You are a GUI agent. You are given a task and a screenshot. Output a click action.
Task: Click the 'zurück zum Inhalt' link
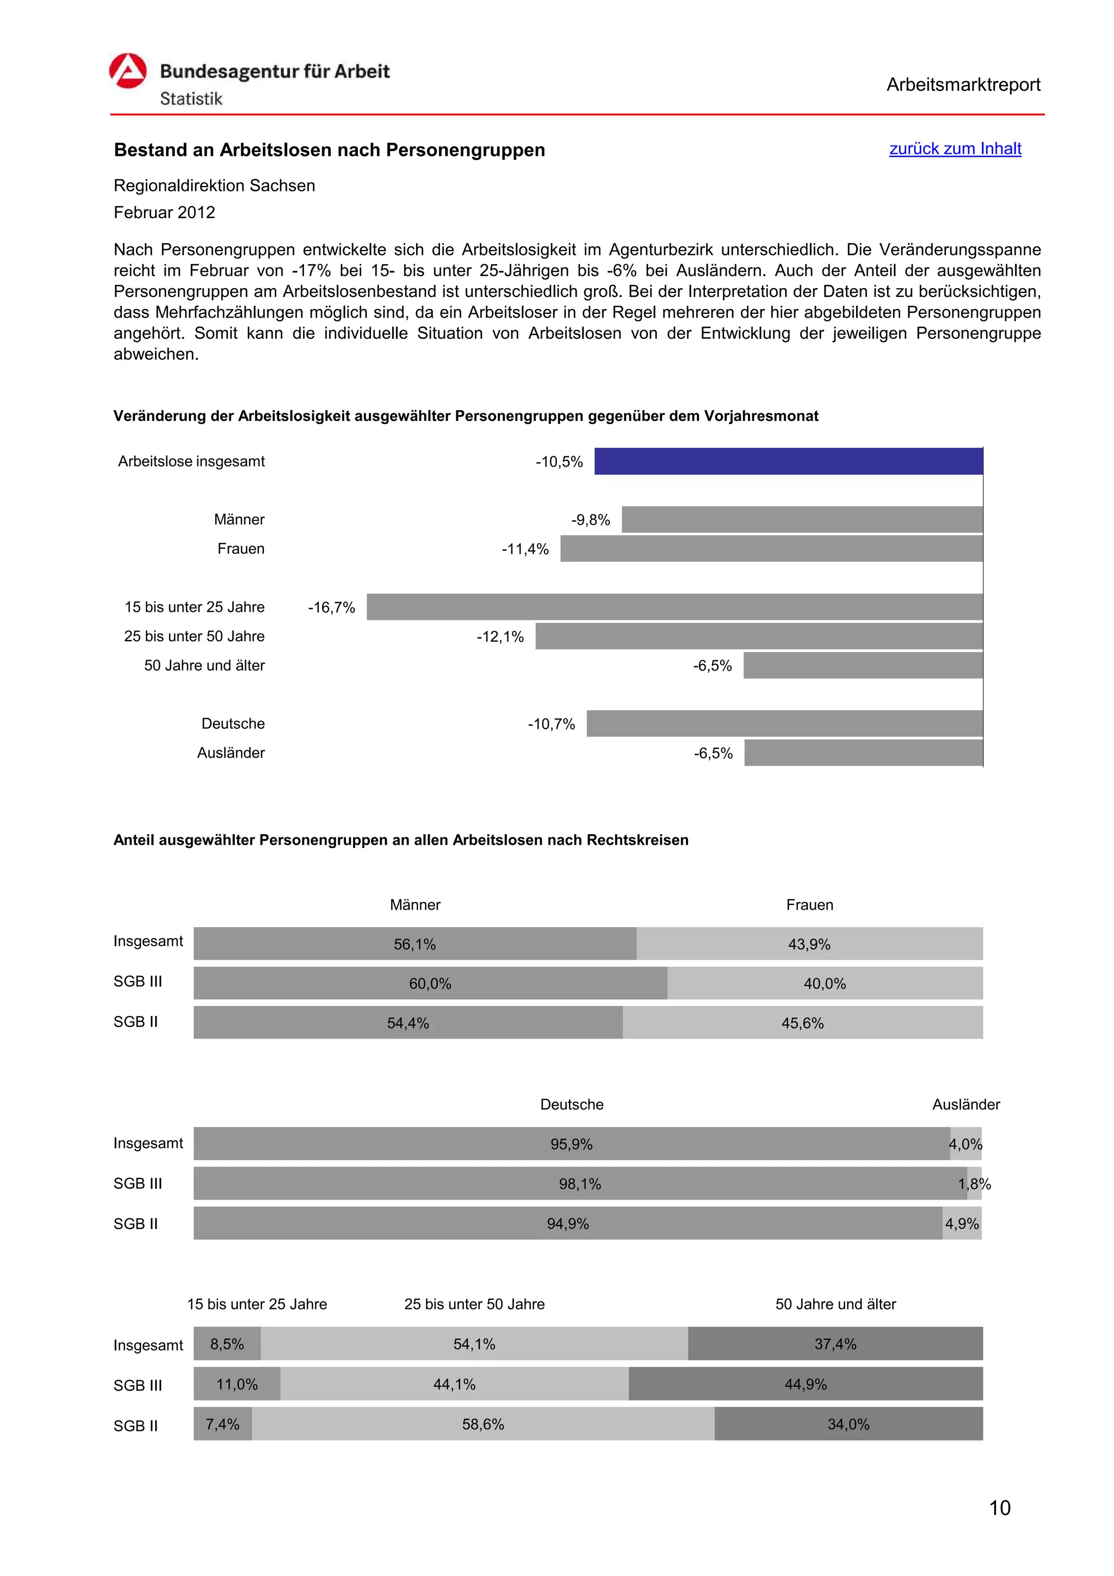(x=955, y=148)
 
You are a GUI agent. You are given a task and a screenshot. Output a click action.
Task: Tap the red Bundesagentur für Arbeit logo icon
(x=128, y=71)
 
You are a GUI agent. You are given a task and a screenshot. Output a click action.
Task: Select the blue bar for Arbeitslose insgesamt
(x=788, y=461)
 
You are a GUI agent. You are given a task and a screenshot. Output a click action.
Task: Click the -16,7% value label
(x=331, y=607)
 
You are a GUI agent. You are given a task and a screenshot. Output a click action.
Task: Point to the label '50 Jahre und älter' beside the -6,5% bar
(x=204, y=665)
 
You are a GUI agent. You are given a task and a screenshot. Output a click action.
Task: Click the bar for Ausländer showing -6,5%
(x=863, y=753)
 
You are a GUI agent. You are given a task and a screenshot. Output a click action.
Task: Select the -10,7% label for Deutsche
(x=551, y=724)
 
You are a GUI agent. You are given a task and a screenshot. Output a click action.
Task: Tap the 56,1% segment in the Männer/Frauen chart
(x=414, y=944)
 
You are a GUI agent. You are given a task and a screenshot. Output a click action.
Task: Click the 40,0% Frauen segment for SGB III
(x=824, y=984)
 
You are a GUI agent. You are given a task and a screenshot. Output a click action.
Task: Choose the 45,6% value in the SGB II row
(x=802, y=1023)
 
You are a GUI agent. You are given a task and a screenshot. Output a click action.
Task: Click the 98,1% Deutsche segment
(x=579, y=1183)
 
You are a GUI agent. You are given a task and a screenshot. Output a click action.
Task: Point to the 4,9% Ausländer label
(x=962, y=1223)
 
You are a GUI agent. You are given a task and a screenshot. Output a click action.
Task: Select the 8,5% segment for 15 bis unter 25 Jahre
(x=227, y=1344)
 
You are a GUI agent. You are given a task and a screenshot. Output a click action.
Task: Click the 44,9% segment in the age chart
(x=805, y=1384)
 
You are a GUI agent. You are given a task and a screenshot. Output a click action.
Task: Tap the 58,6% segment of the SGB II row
(x=482, y=1424)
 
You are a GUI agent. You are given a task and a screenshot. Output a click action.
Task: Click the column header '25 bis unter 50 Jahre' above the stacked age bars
(x=474, y=1304)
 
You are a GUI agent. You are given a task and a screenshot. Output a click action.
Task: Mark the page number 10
(x=999, y=1508)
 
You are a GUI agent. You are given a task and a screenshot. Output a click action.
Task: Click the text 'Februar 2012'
(x=164, y=212)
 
